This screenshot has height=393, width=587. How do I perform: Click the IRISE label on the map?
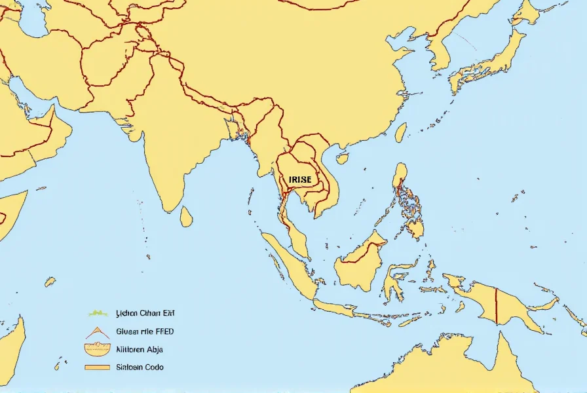[x=301, y=179]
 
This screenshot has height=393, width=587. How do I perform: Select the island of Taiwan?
[x=400, y=133]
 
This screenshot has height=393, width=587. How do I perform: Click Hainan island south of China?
[x=342, y=159]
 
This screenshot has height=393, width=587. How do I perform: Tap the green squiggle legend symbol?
[x=96, y=313]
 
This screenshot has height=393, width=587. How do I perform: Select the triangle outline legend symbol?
[x=96, y=331]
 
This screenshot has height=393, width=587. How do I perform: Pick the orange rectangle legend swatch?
[x=96, y=367]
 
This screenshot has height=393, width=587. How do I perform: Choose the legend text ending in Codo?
[x=140, y=367]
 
